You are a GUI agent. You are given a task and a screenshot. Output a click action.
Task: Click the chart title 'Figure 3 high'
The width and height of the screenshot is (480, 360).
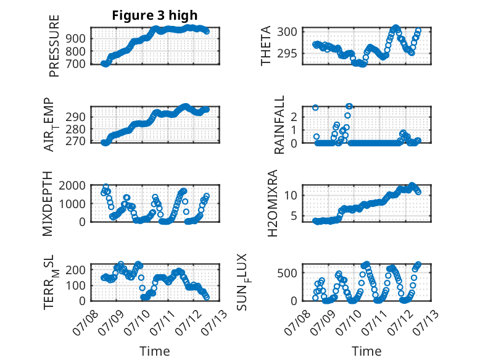tap(155, 15)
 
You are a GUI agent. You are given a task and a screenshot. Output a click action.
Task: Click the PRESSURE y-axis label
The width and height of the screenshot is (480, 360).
tap(54, 46)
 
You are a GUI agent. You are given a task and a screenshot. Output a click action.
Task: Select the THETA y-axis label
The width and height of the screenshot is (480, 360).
tap(266, 46)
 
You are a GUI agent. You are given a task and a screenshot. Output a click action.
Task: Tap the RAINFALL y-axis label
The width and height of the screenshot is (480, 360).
tap(279, 125)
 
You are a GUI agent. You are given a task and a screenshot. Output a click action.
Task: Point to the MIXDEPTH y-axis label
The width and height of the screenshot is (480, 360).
tap(48, 204)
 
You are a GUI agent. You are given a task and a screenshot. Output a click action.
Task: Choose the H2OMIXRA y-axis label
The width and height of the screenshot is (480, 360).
tap(272, 203)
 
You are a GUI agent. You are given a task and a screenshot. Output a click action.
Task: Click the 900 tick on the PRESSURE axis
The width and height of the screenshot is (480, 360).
tap(76, 39)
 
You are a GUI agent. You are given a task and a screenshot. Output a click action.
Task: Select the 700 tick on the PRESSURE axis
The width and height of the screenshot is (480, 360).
tap(76, 64)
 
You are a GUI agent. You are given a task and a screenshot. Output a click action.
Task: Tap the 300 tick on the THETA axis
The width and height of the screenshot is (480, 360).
tap(287, 31)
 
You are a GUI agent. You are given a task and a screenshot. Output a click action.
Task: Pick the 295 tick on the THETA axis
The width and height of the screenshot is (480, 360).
tap(287, 54)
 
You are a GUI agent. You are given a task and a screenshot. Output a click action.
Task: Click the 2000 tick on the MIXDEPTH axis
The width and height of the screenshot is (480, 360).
tap(72, 185)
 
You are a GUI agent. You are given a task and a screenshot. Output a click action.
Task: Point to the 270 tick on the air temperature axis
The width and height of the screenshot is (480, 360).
tap(76, 141)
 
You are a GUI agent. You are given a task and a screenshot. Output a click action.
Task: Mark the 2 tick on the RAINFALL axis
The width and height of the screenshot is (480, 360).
tap(294, 117)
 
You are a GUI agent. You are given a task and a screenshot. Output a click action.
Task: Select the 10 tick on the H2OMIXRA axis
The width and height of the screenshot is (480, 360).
tap(291, 195)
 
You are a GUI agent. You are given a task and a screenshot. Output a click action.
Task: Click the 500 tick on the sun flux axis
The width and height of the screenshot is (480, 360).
tap(287, 273)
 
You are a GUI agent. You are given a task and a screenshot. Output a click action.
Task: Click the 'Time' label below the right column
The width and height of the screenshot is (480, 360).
tap(366, 351)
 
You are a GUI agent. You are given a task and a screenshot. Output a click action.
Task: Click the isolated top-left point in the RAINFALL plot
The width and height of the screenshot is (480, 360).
tap(315, 107)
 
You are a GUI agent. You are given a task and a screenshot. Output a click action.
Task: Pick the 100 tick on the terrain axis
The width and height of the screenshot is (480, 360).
tap(76, 285)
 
